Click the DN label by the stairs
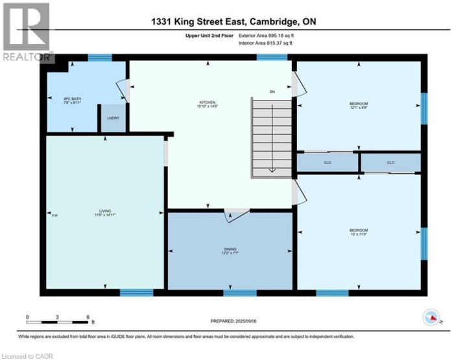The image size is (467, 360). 272,92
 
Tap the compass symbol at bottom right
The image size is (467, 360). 431,317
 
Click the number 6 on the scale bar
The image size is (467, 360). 88,317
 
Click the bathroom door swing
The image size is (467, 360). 123,90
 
